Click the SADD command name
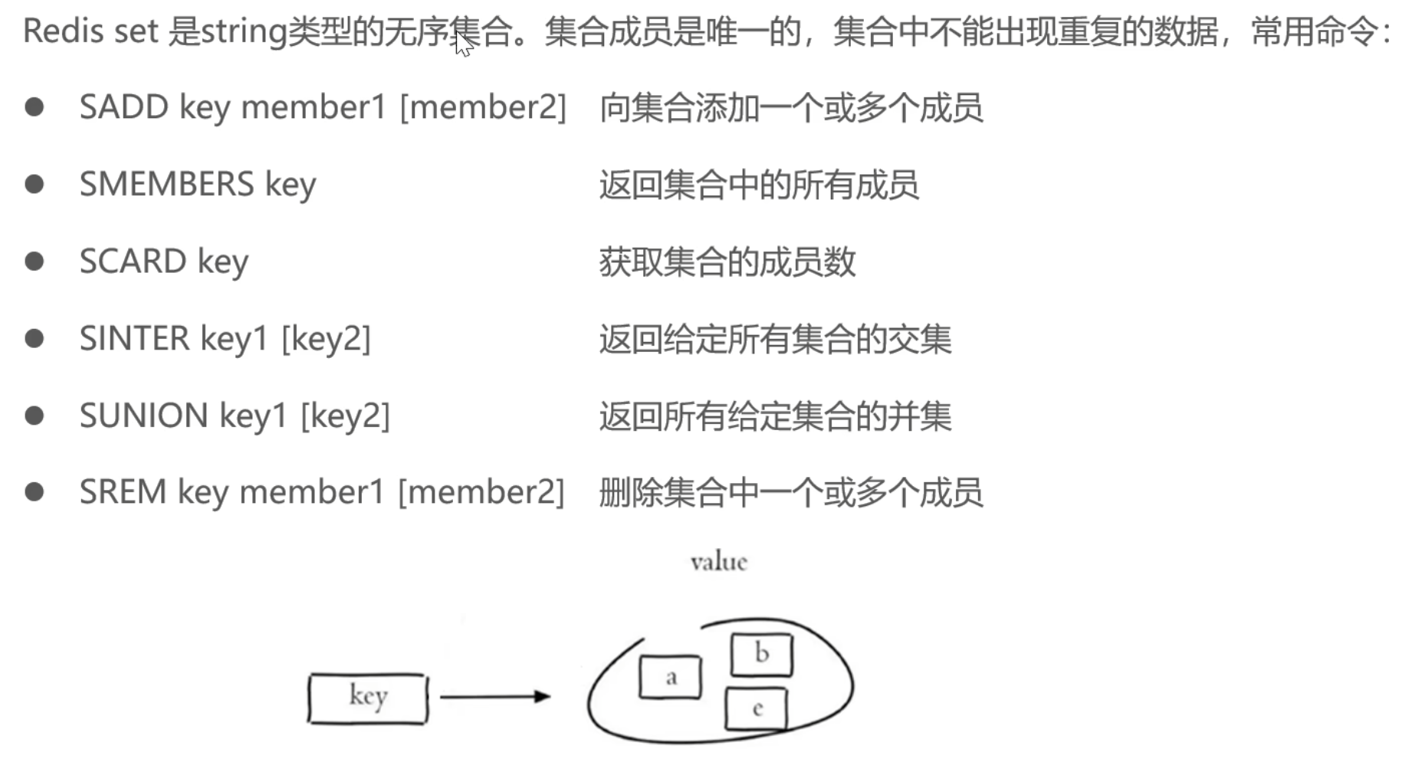[123, 107]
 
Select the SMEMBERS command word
[166, 185]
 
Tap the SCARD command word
[133, 261]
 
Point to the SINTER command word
[134, 339]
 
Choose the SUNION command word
[143, 416]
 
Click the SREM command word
[123, 492]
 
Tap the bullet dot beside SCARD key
[34, 261]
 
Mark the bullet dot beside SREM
[34, 491]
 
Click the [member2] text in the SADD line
[483, 107]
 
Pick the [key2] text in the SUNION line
[345, 416]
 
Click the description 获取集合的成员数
[727, 262]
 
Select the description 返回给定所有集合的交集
[775, 339]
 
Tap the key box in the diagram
[368, 698]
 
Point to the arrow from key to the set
[495, 696]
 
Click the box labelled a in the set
[670, 677]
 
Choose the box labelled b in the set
[761, 654]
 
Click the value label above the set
[718, 562]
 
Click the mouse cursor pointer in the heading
[463, 44]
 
